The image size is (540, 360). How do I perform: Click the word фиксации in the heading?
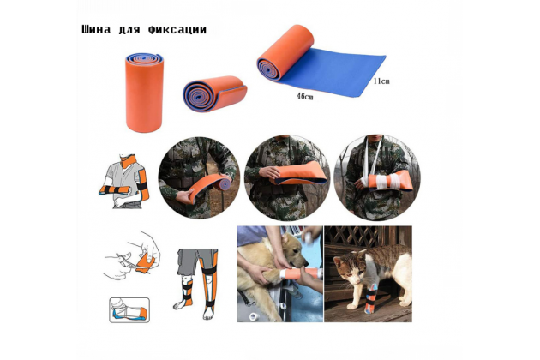click(x=177, y=30)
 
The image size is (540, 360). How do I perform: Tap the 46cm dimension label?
click(x=305, y=97)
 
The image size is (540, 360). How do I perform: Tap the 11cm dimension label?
click(x=381, y=81)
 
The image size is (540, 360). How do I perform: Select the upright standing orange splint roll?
click(x=144, y=93)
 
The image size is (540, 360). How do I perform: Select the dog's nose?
click(x=305, y=263)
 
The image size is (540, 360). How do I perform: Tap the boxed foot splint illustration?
click(x=129, y=310)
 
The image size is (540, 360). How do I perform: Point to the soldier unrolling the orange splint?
click(x=198, y=177)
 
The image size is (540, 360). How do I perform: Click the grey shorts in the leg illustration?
click(x=196, y=261)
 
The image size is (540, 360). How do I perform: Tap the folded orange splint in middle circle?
click(x=298, y=174)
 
